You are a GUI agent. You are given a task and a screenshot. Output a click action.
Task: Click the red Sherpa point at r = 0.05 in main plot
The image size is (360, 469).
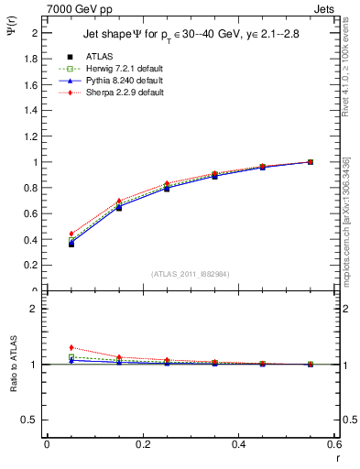[71, 234]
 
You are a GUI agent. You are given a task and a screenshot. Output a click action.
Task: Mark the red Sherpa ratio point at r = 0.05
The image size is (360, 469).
[71, 347]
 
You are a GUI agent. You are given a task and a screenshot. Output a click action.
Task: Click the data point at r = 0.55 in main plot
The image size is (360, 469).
[311, 162]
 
